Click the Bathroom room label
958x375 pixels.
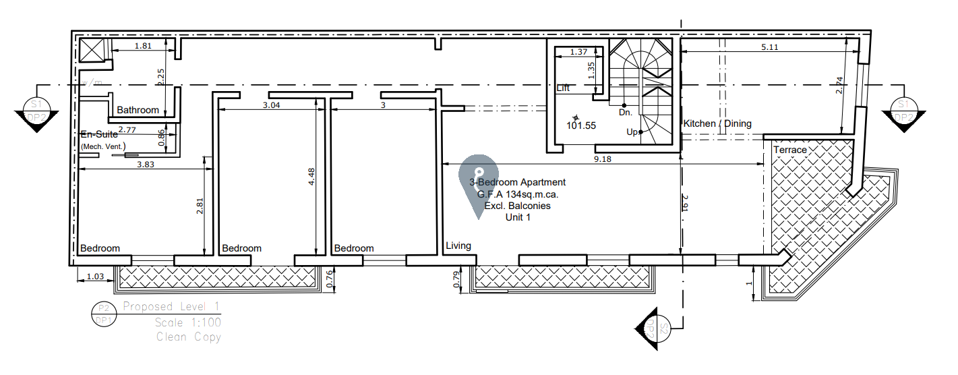[138, 110]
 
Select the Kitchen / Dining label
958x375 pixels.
[717, 123]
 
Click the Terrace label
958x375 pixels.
[790, 149]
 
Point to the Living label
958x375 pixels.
[458, 246]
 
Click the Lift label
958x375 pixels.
[564, 88]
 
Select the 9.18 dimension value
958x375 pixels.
[602, 159]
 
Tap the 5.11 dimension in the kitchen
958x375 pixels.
[769, 47]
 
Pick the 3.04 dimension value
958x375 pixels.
[270, 105]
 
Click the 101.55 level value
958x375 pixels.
[581, 125]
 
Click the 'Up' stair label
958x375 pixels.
[632, 132]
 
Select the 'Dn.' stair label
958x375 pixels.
[625, 113]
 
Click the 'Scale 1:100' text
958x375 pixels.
[187, 322]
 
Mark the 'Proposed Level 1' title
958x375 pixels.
[171, 307]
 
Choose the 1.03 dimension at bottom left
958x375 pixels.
[96, 277]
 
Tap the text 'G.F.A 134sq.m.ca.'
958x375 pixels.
[518, 194]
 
